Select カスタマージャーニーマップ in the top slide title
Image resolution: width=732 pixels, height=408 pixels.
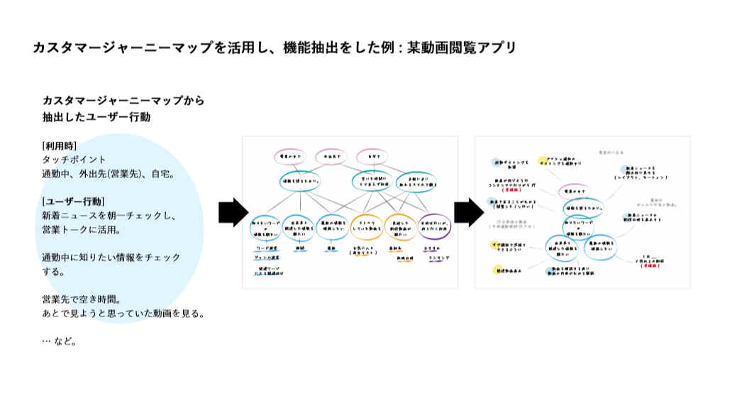click(122, 48)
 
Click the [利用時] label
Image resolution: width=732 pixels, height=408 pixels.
click(60, 146)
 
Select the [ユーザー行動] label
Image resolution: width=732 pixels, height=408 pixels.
click(74, 201)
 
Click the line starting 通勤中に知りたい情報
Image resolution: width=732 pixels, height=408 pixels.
click(111, 257)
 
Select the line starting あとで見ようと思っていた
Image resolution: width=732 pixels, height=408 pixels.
click(123, 312)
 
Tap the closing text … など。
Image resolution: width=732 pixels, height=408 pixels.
click(59, 341)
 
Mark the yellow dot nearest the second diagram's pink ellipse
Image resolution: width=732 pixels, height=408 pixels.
click(543, 161)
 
